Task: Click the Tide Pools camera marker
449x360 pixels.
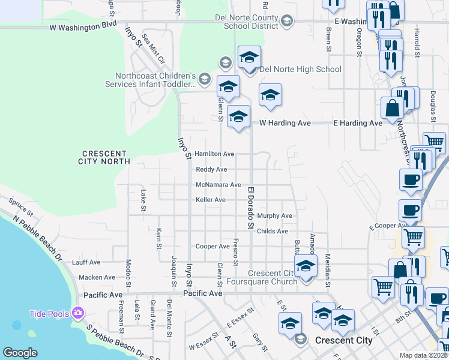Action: coord(77,313)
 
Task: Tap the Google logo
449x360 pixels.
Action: coord(20,353)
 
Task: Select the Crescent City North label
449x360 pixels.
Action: coord(104,158)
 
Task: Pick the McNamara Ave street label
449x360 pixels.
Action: coord(218,185)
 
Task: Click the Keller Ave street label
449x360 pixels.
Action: coord(211,200)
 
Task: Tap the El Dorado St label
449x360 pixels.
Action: coord(251,208)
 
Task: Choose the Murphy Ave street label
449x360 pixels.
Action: coord(274,215)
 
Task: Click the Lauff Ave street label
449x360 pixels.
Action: coord(86,262)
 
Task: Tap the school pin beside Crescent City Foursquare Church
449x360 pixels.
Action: coord(306,266)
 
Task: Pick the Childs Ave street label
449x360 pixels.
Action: coord(272,231)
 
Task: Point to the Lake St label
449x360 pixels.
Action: coord(143,200)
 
